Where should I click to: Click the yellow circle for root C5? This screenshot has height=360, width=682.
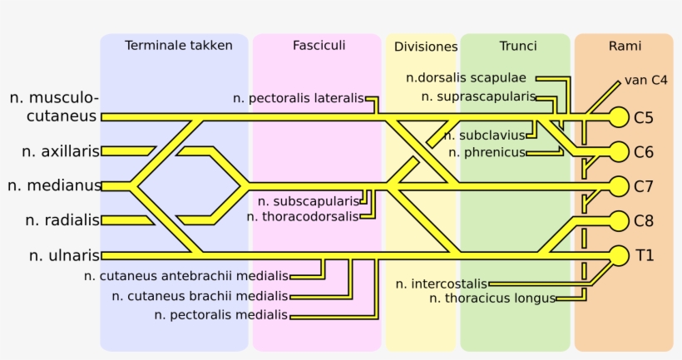pyautogui.click(x=619, y=116)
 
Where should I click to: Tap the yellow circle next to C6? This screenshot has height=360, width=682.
pyautogui.click(x=619, y=151)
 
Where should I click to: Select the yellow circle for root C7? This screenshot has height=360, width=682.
pyautogui.click(x=619, y=185)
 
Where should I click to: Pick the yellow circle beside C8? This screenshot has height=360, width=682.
pyautogui.click(x=619, y=220)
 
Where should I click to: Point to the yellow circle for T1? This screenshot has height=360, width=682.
pyautogui.click(x=619, y=254)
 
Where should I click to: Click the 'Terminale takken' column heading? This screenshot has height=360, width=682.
pyautogui.click(x=179, y=46)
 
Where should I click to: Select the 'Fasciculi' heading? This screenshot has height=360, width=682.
pyautogui.click(x=319, y=45)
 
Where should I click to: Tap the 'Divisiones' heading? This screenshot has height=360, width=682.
pyautogui.click(x=426, y=47)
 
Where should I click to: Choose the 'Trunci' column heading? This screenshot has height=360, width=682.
pyautogui.click(x=518, y=46)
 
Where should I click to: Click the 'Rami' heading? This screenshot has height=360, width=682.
pyautogui.click(x=625, y=46)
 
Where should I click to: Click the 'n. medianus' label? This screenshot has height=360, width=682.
pyautogui.click(x=55, y=185)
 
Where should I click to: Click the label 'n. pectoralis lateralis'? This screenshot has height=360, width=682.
pyautogui.click(x=299, y=98)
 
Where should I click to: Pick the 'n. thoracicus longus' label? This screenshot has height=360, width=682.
pyautogui.click(x=493, y=298)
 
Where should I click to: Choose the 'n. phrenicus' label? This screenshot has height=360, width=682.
pyautogui.click(x=487, y=152)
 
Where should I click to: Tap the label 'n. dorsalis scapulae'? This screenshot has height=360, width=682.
pyautogui.click(x=466, y=78)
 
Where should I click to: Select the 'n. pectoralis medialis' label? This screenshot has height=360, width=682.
pyautogui.click(x=221, y=314)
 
